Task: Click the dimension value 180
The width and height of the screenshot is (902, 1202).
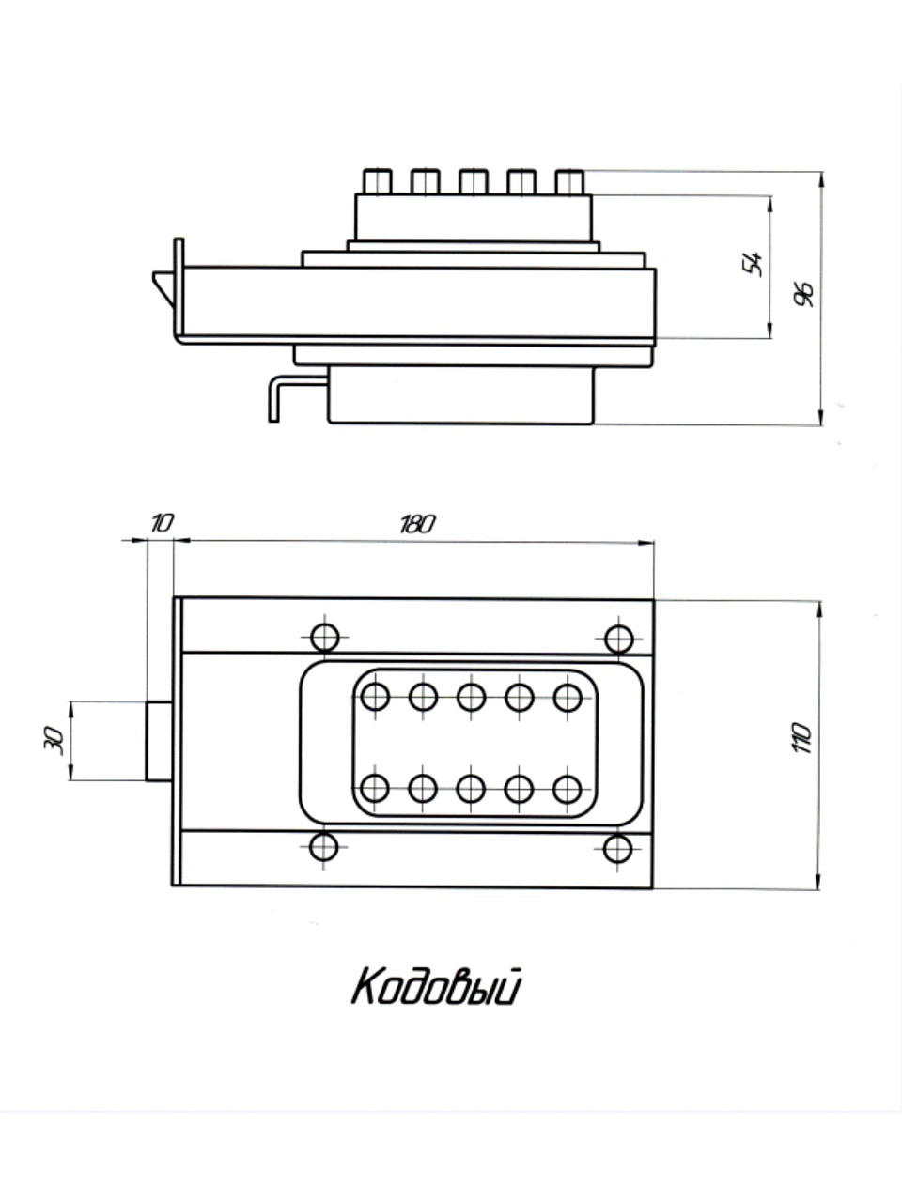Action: (416, 524)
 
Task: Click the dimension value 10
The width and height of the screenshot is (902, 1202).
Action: (162, 523)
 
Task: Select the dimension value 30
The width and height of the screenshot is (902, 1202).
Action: (54, 741)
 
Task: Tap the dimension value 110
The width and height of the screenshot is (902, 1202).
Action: (801, 740)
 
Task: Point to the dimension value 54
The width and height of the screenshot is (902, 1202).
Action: (753, 264)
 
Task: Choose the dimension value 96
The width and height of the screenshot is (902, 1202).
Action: (804, 293)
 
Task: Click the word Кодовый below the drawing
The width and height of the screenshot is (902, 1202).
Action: (436, 988)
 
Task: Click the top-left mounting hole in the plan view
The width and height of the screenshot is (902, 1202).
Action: (325, 638)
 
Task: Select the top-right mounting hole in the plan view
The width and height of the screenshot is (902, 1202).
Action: (617, 639)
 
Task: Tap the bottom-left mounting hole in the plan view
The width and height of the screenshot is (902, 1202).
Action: (324, 847)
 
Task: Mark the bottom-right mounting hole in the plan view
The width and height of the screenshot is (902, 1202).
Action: (617, 848)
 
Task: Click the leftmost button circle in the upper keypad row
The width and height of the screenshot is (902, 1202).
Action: (375, 697)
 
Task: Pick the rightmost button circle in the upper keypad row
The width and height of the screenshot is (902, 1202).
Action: (567, 697)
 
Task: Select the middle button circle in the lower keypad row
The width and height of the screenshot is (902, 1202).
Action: (471, 788)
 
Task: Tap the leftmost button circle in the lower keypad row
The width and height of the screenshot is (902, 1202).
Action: (375, 788)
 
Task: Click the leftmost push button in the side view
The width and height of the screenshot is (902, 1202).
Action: (377, 180)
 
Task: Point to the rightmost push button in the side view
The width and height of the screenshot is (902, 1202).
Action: (569, 180)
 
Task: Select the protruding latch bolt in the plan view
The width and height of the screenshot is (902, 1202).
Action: (159, 741)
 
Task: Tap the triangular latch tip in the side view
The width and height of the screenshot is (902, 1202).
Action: (164, 286)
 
